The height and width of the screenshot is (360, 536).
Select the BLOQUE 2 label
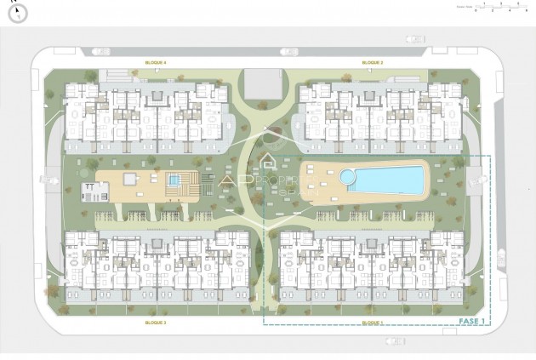[x=372, y=62]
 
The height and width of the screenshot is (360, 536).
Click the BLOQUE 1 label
[x=372, y=323]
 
